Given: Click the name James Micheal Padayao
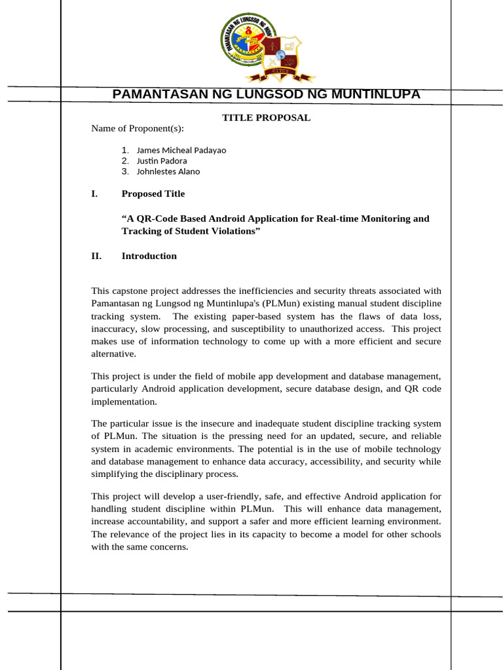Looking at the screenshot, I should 181,150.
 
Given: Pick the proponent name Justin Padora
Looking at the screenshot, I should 161,161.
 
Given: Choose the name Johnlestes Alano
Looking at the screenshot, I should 168,172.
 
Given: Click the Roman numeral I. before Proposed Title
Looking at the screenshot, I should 94,194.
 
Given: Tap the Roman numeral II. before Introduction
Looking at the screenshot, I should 96,256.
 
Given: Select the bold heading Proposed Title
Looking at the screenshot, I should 153,194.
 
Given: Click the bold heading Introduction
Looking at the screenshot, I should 149,256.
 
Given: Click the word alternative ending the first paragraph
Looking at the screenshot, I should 114,354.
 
